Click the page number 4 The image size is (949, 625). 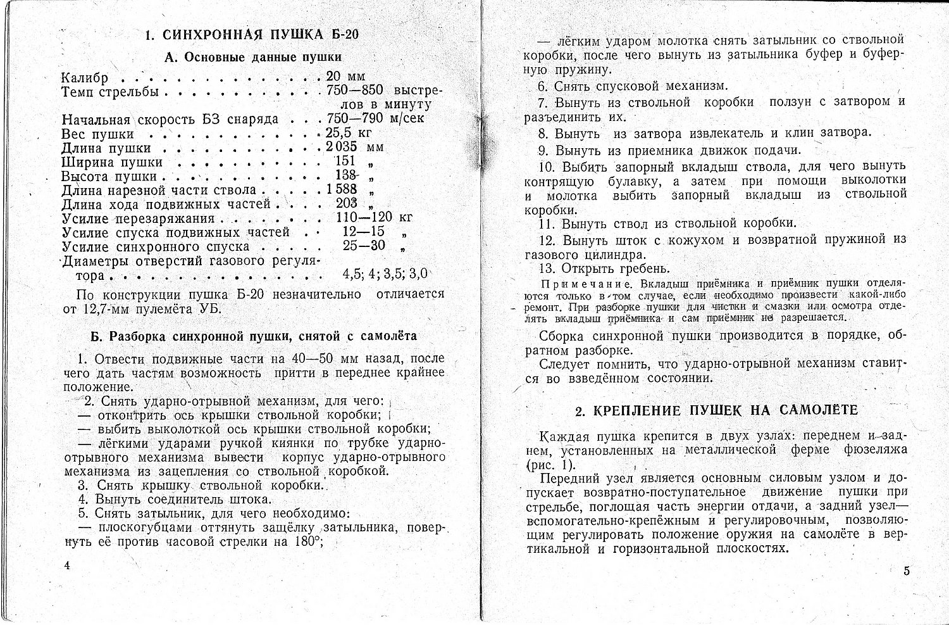click(66, 565)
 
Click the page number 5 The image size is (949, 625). click(906, 571)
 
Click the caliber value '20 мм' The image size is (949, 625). click(346, 77)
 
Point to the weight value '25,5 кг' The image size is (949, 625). click(349, 133)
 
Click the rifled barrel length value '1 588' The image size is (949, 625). click(342, 189)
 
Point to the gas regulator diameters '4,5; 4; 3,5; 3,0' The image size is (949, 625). click(385, 274)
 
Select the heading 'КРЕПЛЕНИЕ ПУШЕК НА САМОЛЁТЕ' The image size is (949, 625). click(716, 410)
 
